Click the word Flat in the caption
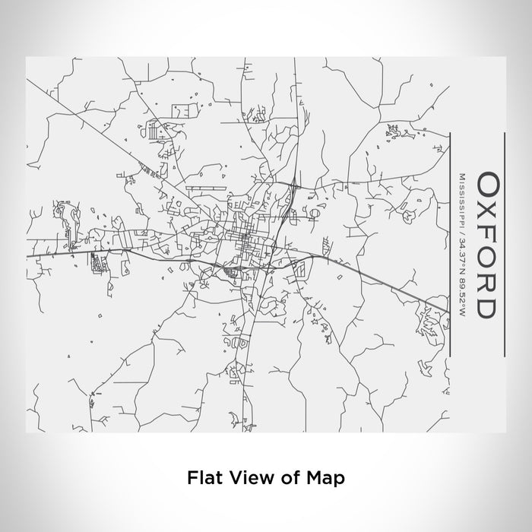pos(201,478)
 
